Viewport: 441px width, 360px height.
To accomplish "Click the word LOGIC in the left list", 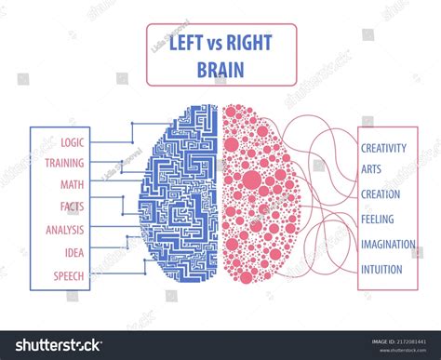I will (73, 142).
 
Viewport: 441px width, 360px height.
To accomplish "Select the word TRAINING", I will (64, 163).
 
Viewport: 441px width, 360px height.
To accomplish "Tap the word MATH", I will (73, 184).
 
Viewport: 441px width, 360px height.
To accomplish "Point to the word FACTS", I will (72, 206).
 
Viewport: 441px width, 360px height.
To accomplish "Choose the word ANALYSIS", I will (64, 228).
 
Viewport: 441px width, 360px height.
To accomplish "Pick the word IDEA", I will (73, 250).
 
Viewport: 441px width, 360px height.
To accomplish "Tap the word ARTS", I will (372, 170).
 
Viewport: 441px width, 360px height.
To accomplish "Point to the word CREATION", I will (381, 194).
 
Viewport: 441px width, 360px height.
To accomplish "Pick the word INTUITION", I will (381, 270).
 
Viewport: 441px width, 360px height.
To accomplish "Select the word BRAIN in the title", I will (220, 68).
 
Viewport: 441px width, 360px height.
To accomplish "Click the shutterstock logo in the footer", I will (56, 345).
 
